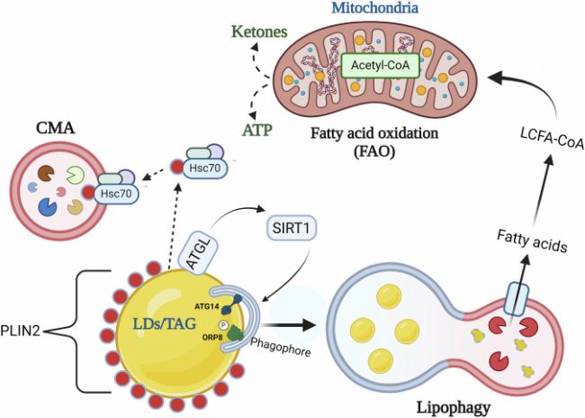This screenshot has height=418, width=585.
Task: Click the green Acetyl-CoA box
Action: click(380, 65)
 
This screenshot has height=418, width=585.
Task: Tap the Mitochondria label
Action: click(374, 7)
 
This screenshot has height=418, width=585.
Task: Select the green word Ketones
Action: click(259, 32)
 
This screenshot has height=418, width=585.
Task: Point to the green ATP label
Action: click(257, 131)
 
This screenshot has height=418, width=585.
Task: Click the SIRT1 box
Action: click(291, 228)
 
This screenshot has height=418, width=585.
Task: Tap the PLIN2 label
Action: click(20, 331)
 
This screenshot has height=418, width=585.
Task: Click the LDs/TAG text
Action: click(165, 324)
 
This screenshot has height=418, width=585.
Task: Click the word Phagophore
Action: click(280, 347)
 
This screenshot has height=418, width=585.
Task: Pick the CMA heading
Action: click(55, 129)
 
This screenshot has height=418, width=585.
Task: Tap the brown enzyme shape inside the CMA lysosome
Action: click(46, 173)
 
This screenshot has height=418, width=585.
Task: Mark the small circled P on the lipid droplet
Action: click(223, 324)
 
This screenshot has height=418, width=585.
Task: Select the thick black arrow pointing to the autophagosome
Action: click(289, 324)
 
